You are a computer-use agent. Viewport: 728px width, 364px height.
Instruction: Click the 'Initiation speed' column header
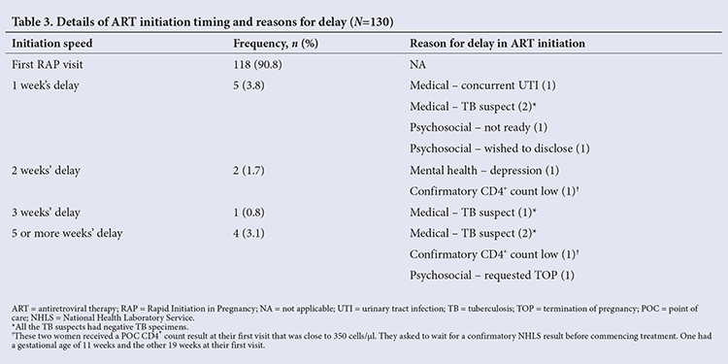click(52, 44)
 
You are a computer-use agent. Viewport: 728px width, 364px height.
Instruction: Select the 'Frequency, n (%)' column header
click(276, 44)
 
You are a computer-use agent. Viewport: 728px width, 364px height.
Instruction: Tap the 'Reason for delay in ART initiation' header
click(497, 44)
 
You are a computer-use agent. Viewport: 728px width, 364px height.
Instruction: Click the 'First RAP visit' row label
click(48, 64)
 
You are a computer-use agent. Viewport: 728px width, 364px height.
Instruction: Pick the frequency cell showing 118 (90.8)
click(257, 64)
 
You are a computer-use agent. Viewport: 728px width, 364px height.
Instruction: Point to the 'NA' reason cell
click(417, 64)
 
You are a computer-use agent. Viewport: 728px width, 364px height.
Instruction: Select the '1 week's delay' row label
click(46, 85)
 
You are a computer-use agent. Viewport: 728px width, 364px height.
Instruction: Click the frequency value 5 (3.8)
click(248, 85)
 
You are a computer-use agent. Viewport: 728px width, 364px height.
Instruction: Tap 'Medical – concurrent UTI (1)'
click(482, 85)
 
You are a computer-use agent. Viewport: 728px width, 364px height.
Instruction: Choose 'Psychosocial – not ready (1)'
click(479, 128)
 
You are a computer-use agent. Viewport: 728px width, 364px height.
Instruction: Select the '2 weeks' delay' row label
click(46, 171)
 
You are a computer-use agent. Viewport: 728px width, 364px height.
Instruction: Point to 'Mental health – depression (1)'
click(484, 171)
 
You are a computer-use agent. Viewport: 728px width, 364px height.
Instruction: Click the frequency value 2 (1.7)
click(248, 171)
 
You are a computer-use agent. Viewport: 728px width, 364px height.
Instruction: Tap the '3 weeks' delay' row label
click(46, 213)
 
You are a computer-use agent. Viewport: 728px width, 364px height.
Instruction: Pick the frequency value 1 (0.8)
click(248, 213)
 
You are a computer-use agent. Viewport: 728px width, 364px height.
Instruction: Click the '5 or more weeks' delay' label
click(67, 233)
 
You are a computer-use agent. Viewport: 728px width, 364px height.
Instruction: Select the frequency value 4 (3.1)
click(248, 233)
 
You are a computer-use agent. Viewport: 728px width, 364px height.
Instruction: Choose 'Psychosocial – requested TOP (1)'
click(492, 276)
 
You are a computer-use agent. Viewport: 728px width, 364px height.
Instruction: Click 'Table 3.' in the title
click(30, 21)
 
